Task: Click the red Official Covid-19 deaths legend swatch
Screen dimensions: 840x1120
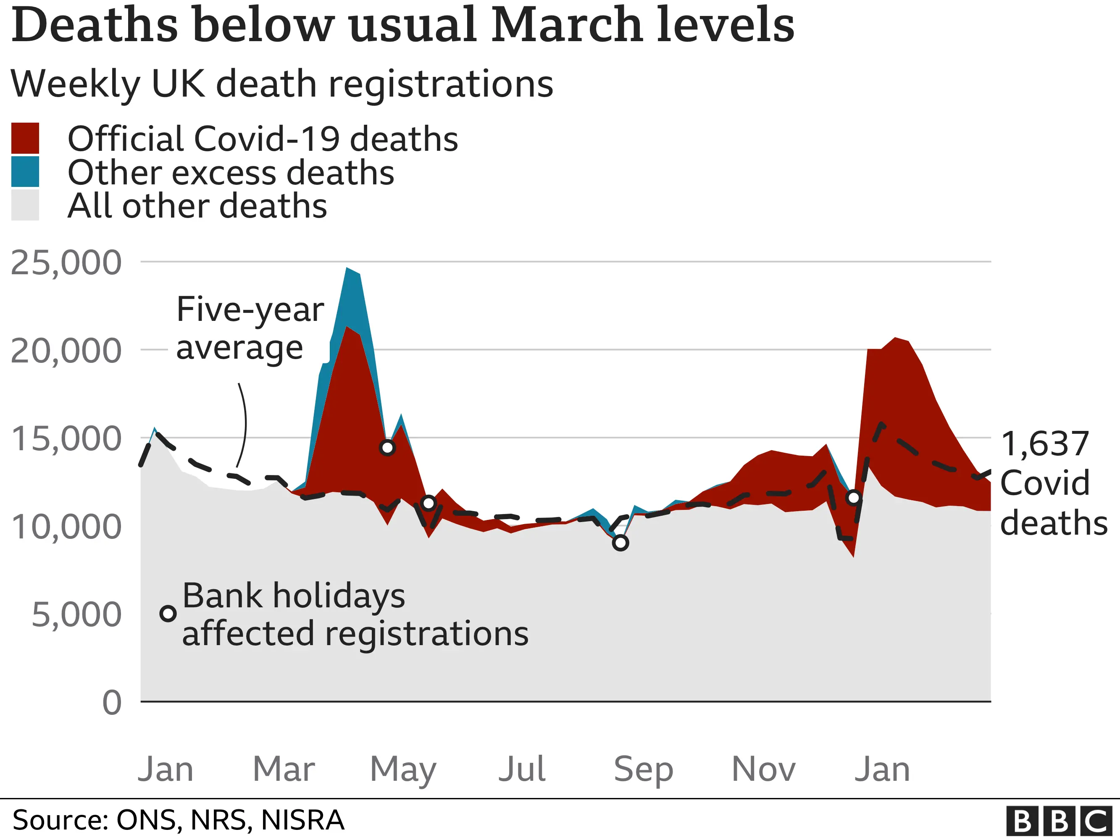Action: (x=25, y=138)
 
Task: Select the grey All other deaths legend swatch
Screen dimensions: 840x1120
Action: (x=25, y=205)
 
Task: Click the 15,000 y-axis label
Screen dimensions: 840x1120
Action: (x=66, y=438)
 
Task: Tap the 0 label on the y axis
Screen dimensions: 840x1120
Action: (x=111, y=703)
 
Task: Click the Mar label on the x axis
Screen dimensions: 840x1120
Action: (x=284, y=769)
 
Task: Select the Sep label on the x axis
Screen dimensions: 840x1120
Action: (x=643, y=769)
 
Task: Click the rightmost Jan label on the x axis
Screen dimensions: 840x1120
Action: (x=882, y=769)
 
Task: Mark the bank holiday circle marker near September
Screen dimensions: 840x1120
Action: (x=620, y=543)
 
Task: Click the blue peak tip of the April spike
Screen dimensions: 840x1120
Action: (x=347, y=269)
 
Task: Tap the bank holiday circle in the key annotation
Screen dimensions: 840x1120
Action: (x=168, y=614)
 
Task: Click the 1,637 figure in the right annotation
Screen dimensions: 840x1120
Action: (x=1044, y=444)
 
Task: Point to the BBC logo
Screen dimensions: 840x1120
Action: (x=1061, y=821)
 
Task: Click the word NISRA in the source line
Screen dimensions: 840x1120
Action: (x=302, y=820)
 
